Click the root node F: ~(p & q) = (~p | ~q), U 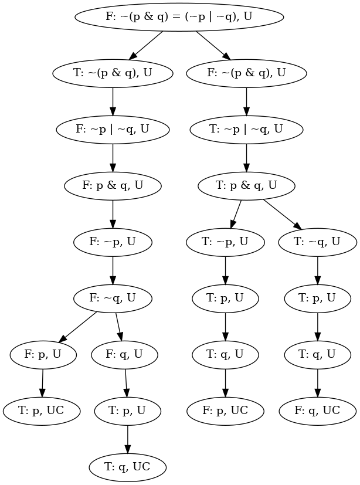[x=179, y=16]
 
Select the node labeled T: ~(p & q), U [x=113, y=73]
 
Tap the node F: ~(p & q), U [x=246, y=73]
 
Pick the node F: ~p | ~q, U [x=113, y=129]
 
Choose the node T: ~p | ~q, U [x=246, y=129]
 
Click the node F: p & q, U [x=113, y=185]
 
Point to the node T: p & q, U [x=246, y=185]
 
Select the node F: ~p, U [x=113, y=242]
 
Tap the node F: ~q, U [x=113, y=298]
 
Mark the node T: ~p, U [x=225, y=242]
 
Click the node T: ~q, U [x=317, y=242]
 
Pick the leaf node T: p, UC [x=42, y=411]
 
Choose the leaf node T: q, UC [x=128, y=467]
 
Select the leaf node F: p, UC [x=225, y=411]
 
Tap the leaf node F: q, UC [x=317, y=411]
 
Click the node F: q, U [x=124, y=354]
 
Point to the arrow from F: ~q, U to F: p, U [x=79, y=326]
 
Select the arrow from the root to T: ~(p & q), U [x=146, y=45]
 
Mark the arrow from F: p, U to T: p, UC [x=42, y=382]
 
